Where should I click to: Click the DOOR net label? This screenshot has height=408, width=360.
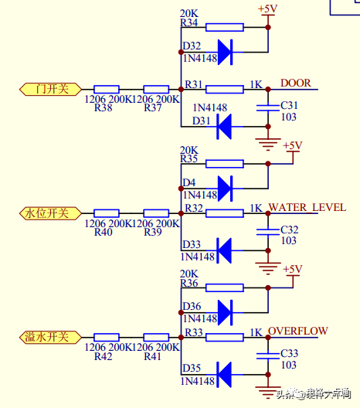coord(295,83)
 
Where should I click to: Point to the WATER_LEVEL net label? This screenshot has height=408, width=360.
coord(298,207)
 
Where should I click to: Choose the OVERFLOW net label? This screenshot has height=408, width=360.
coord(298,331)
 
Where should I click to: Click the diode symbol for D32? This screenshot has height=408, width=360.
coord(225,52)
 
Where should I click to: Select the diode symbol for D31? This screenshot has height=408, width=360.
coord(225,127)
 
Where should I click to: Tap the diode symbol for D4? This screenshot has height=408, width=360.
coord(225,188)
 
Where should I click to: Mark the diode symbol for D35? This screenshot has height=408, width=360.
coord(225,375)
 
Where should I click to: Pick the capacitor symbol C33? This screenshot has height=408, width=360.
coord(267,358)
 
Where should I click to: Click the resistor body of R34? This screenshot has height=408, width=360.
coord(224,27)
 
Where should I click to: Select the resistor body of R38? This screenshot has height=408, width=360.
coord(106,89)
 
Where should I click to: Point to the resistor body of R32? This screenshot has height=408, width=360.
coord(224,212)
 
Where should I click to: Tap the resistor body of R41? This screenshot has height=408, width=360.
coord(156,337)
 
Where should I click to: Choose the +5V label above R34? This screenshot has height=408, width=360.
coord(267,9)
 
